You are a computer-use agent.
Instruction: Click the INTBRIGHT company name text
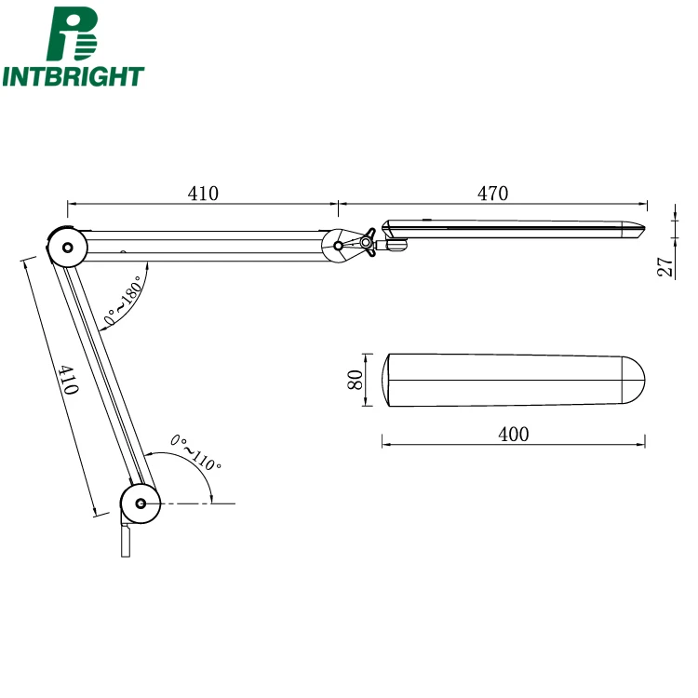click(74, 76)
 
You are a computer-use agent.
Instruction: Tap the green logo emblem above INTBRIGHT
click(74, 34)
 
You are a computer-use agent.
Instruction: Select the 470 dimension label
click(492, 194)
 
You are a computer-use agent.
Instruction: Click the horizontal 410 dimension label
click(203, 194)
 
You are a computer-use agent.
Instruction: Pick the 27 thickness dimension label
click(664, 267)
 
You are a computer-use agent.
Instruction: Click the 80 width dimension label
click(355, 380)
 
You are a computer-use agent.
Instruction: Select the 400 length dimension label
click(513, 435)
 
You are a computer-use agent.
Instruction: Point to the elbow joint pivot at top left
click(66, 248)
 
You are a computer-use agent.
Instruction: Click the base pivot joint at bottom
click(141, 503)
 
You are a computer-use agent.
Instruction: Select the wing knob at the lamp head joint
click(367, 244)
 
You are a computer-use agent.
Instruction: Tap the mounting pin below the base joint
click(126, 541)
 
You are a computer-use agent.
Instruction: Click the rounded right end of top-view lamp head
click(634, 380)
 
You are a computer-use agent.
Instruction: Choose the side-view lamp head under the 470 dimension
click(512, 228)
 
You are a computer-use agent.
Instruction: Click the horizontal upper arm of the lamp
click(205, 244)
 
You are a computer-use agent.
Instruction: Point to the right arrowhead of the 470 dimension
click(643, 203)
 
